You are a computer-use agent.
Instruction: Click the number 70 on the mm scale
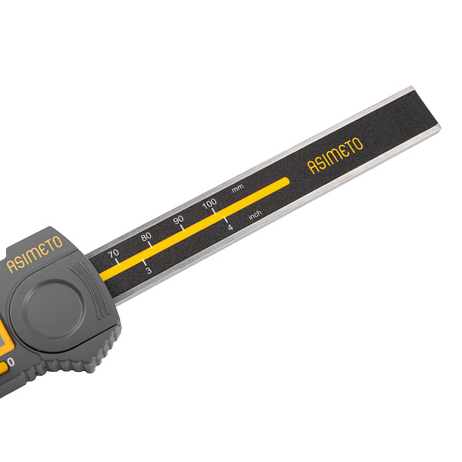(113, 253)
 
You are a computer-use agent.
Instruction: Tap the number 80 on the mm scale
(146, 236)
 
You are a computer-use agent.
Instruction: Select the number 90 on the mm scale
(179, 219)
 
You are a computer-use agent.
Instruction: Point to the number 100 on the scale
(209, 203)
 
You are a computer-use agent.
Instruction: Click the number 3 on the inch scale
(149, 270)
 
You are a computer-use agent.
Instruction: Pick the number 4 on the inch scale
(230, 227)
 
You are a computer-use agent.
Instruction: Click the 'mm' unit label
(237, 189)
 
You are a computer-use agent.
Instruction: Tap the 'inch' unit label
(255, 215)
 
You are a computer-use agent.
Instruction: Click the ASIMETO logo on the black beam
(335, 156)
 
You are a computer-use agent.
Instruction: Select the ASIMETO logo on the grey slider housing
(35, 254)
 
